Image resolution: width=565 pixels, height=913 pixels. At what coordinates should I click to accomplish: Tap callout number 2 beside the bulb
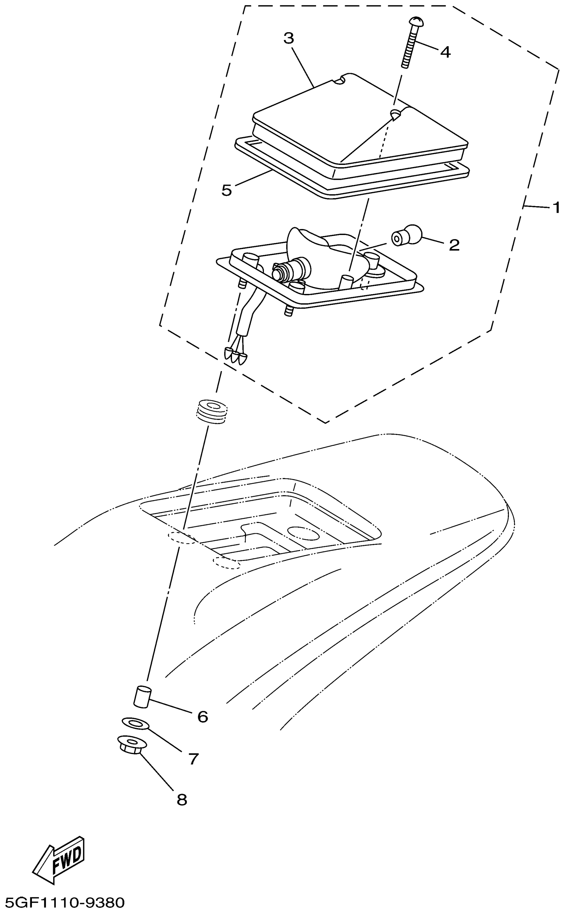tap(454, 245)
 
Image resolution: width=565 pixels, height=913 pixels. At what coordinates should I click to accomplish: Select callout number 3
tap(288, 38)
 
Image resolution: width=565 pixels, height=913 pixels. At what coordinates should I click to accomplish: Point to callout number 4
tap(445, 52)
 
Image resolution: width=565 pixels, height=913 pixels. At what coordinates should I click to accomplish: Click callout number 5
tap(226, 190)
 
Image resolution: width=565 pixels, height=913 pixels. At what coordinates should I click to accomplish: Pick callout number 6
tap(202, 717)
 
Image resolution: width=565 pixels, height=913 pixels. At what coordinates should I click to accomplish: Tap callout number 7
tap(193, 759)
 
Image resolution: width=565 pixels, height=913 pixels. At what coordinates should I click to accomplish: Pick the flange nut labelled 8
tap(132, 744)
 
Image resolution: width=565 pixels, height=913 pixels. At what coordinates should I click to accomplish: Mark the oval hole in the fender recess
tap(303, 533)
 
